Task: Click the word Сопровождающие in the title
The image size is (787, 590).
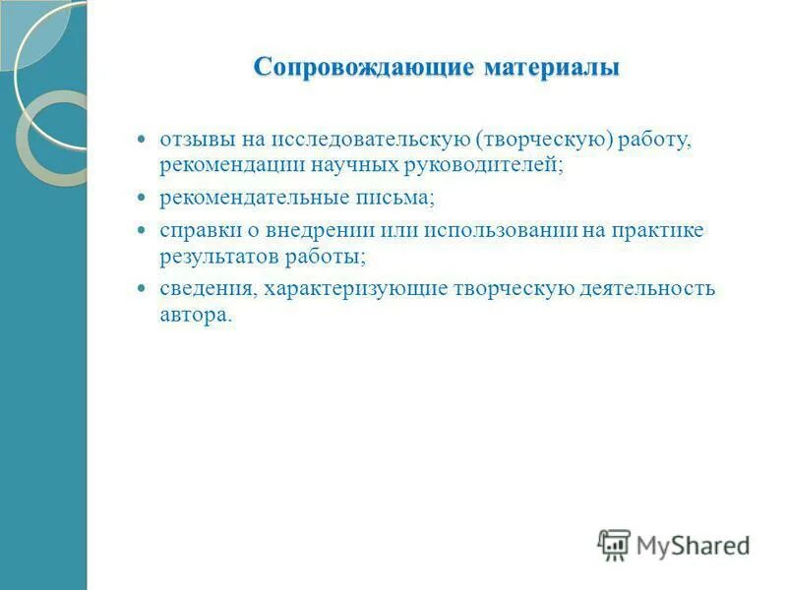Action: (x=364, y=68)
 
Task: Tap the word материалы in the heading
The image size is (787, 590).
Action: (x=551, y=68)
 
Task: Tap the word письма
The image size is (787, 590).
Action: (x=396, y=198)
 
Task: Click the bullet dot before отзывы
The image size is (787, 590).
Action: (x=140, y=140)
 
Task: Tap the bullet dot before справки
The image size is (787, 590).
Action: (x=140, y=231)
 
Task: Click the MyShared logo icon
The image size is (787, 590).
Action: (x=614, y=544)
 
